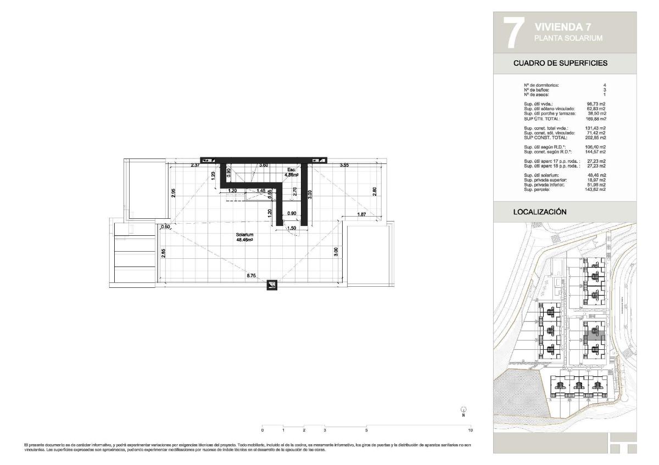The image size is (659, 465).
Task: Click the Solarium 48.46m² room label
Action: pyautogui.click(x=244, y=237)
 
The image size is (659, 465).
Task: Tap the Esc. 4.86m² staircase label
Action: pyautogui.click(x=291, y=172)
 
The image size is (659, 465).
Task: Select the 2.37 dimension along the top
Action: pyautogui.click(x=195, y=165)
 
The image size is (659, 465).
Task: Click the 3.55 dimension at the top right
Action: pyautogui.click(x=344, y=165)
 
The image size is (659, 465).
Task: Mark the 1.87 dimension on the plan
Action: pyautogui.click(x=362, y=214)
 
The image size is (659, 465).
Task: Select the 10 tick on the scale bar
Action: pyautogui.click(x=471, y=430)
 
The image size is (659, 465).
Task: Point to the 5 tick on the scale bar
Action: pyautogui.click(x=366, y=430)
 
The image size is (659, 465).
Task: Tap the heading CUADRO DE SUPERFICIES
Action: pyautogui.click(x=560, y=63)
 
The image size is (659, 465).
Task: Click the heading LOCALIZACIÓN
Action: pyautogui.click(x=539, y=212)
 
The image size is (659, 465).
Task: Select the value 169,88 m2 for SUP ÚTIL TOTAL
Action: pyautogui.click(x=595, y=118)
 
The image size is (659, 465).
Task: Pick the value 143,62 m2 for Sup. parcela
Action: pyautogui.click(x=595, y=189)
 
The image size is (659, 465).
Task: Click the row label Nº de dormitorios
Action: pyautogui.click(x=541, y=86)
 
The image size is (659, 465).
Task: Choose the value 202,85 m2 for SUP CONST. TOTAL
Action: pyautogui.click(x=595, y=138)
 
